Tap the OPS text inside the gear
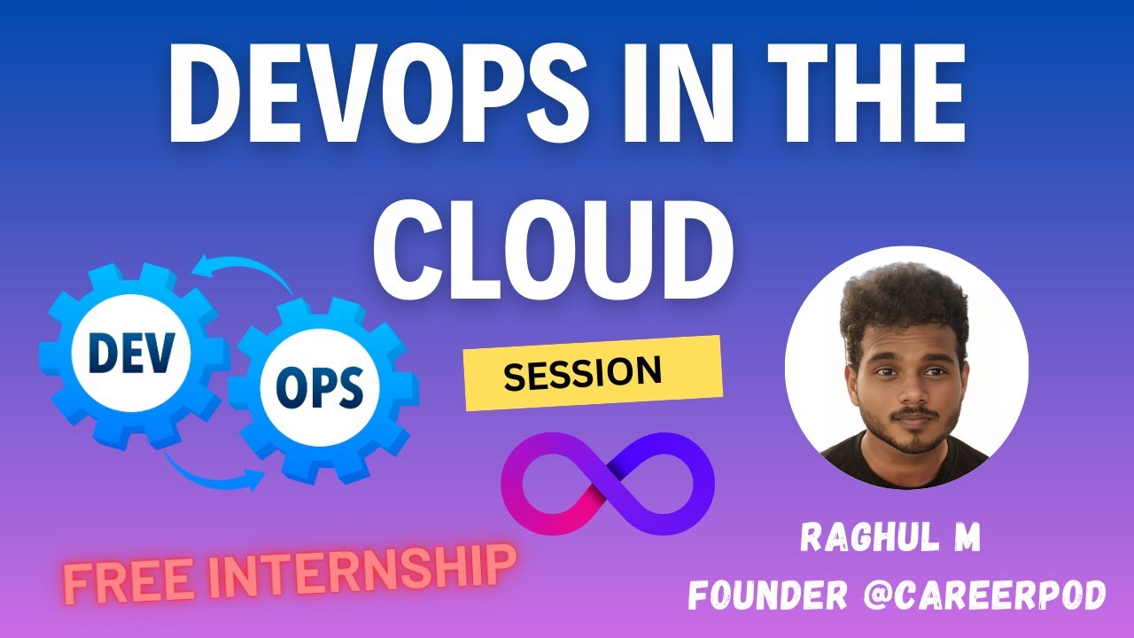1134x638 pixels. [319, 386]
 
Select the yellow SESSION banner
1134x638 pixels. [593, 373]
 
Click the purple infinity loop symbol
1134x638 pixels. [607, 483]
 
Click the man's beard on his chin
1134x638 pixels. [913, 439]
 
